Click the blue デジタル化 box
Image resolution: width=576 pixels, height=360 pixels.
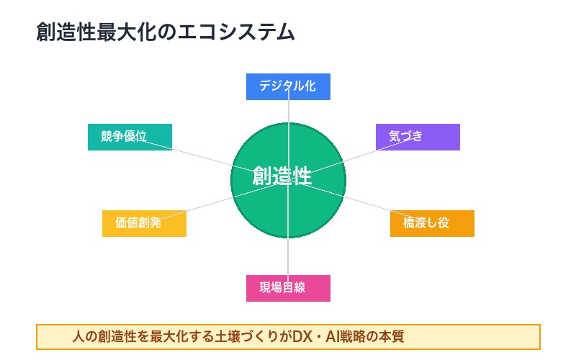[288, 86]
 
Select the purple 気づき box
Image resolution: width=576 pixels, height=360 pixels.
[418, 137]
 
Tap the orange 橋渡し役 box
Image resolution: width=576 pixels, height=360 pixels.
[432, 223]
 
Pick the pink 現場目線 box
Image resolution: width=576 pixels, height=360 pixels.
[288, 288]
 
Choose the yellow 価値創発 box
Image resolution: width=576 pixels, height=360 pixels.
[144, 223]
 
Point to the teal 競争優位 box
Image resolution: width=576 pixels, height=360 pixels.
[130, 137]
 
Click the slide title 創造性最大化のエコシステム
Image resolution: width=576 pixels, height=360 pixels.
[165, 32]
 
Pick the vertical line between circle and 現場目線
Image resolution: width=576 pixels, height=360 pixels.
[288, 256]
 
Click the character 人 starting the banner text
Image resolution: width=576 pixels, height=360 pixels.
[78, 336]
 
